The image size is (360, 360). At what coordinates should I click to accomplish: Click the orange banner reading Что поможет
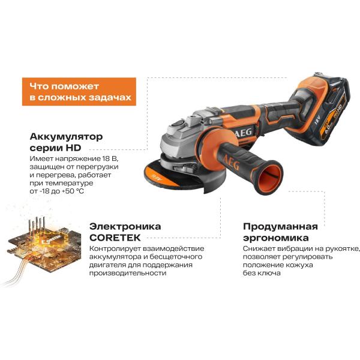pyautogui.click(x=79, y=92)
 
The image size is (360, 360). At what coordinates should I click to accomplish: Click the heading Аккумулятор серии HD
pyautogui.click(x=66, y=142)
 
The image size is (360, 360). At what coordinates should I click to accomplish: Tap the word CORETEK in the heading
pyautogui.click(x=115, y=238)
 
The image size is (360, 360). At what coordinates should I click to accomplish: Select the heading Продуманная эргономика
pyautogui.click(x=280, y=232)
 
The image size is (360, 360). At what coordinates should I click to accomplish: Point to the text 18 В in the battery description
pyautogui.click(x=110, y=158)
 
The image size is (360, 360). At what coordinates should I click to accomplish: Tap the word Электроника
pyautogui.click(x=125, y=226)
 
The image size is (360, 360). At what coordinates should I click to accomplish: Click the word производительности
pyautogui.click(x=128, y=273)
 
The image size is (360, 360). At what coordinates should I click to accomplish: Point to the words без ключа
pyautogui.click(x=262, y=273)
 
